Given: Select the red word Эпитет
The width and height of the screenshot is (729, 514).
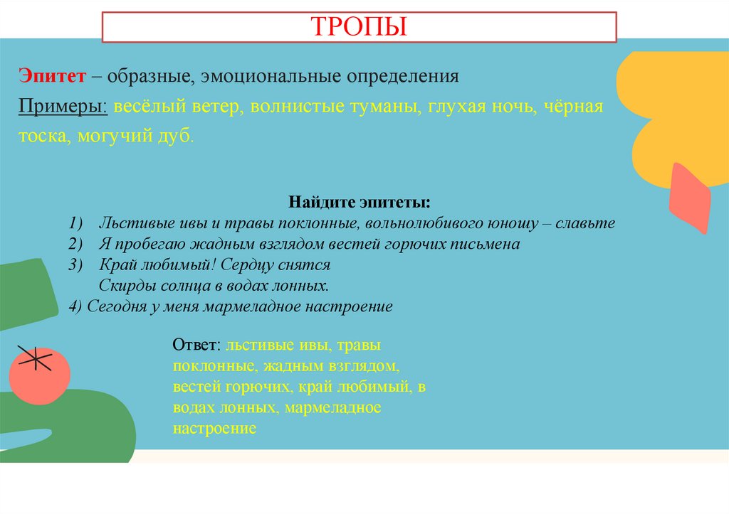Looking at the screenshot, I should tap(52, 75).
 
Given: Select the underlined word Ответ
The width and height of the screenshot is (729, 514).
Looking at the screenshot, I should tap(196, 346).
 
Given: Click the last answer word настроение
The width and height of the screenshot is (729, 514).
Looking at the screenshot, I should tap(214, 429).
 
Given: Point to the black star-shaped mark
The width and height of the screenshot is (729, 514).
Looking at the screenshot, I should tap(32, 358).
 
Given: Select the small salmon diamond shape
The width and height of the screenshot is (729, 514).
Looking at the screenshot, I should tap(690, 198).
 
